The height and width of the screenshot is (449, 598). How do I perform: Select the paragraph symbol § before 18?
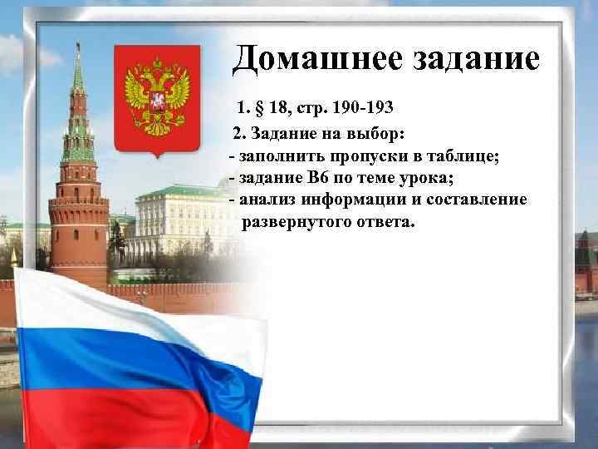(x=263, y=108)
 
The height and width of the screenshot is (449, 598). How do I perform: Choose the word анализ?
(x=268, y=200)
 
